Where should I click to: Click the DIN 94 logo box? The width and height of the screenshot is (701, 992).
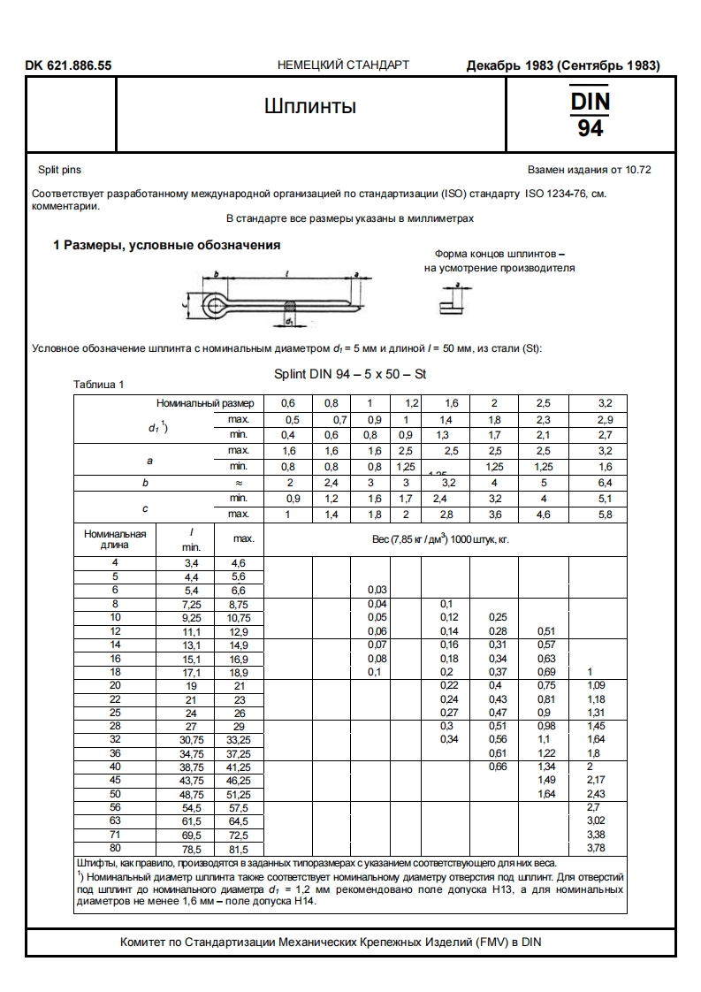pos(590,114)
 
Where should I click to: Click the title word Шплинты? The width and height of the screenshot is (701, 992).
pos(310,107)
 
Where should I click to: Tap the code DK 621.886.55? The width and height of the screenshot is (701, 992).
pos(69,65)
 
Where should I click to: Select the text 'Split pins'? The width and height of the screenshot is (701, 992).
pos(59,169)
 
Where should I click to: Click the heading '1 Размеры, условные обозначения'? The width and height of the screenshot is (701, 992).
pos(167,245)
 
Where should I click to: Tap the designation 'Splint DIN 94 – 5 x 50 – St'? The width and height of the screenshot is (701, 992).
pos(350,374)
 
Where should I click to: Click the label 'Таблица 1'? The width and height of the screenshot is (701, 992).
pos(99,385)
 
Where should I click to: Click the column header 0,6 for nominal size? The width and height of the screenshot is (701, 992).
pos(288,403)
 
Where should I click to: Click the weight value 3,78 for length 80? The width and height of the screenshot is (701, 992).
pos(598,849)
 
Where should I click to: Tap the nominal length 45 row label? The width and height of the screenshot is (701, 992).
pos(115,781)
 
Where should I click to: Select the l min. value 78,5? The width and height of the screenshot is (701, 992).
pos(192,849)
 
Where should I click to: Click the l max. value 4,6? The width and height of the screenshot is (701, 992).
pos(238,562)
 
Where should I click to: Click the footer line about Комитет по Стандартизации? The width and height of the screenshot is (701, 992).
pos(331,942)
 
